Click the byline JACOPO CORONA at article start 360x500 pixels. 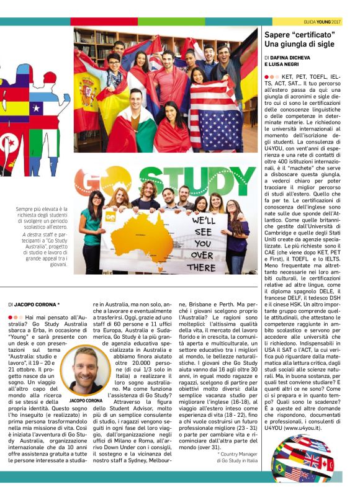[37, 305]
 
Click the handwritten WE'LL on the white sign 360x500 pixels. [204, 221]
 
